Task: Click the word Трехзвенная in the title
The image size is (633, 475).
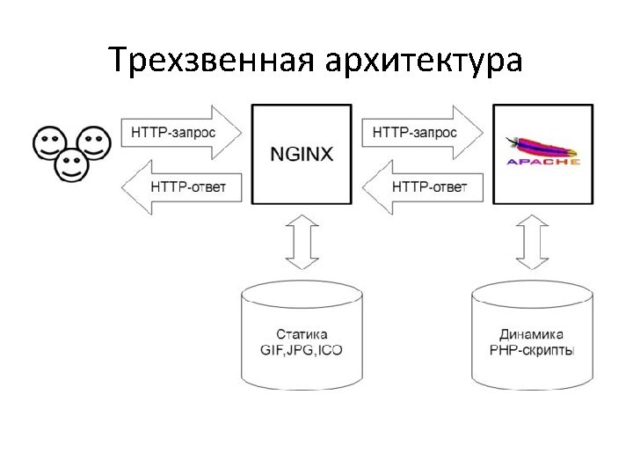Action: pyautogui.click(x=211, y=61)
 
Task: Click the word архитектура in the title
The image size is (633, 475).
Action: pyautogui.click(x=424, y=61)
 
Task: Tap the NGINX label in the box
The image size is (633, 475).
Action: pyautogui.click(x=302, y=154)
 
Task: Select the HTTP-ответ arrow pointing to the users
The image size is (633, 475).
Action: pyautogui.click(x=181, y=186)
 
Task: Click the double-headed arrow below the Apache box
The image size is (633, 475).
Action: pyautogui.click(x=532, y=243)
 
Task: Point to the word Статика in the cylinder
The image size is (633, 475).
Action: pyautogui.click(x=302, y=334)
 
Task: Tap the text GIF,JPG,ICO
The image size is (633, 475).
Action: pyautogui.click(x=302, y=350)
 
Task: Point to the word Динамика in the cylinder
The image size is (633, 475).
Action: pyautogui.click(x=531, y=334)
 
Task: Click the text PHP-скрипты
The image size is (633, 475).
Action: pyautogui.click(x=531, y=350)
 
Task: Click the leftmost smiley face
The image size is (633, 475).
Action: pyautogui.click(x=49, y=142)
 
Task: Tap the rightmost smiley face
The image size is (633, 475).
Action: pyautogui.click(x=93, y=142)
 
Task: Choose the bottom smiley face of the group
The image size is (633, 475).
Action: pyautogui.click(x=71, y=165)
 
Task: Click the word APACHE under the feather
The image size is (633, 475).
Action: pyautogui.click(x=543, y=162)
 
